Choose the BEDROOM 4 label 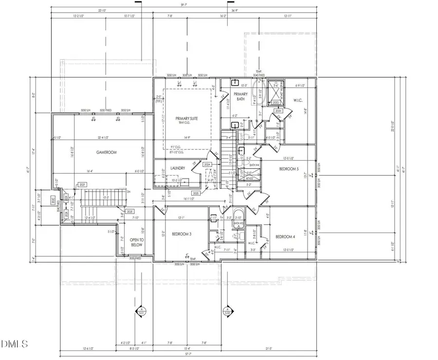click(286, 237)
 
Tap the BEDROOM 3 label click(182, 234)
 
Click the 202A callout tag click(206, 165)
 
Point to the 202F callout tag click(82, 185)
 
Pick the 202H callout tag click(278, 111)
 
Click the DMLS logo click(15, 345)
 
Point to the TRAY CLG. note click(187, 123)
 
